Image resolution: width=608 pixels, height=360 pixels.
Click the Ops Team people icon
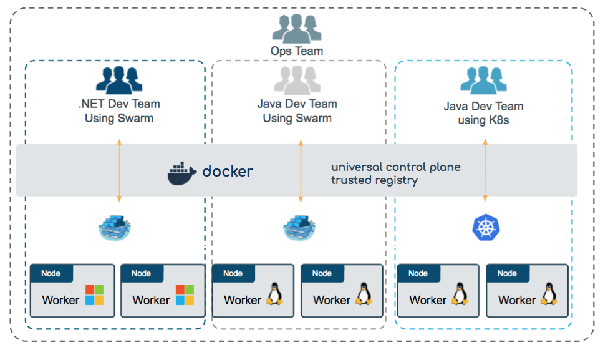297,29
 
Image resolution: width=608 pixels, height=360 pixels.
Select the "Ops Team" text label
297,51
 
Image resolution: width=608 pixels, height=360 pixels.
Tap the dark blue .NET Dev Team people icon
119,80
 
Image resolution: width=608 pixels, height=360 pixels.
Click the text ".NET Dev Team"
119,104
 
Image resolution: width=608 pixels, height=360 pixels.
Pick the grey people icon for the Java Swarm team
297,80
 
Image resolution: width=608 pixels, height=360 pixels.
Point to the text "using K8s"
483,120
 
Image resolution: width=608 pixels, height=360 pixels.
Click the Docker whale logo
182,173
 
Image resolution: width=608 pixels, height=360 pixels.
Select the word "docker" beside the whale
228,171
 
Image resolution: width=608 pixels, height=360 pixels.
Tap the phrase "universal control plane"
395,167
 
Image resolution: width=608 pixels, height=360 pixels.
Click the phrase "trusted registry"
374,180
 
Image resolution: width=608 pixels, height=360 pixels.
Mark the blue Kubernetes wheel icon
484,228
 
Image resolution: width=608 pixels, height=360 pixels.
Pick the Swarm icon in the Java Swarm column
300,228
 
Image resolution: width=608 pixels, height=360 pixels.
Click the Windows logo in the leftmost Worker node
95,295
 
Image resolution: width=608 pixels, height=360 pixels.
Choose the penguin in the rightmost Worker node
549,294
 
